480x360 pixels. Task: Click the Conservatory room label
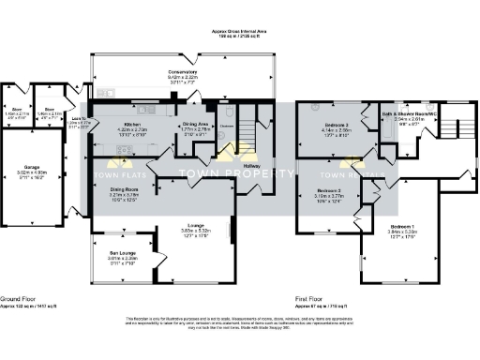point(182,72)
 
